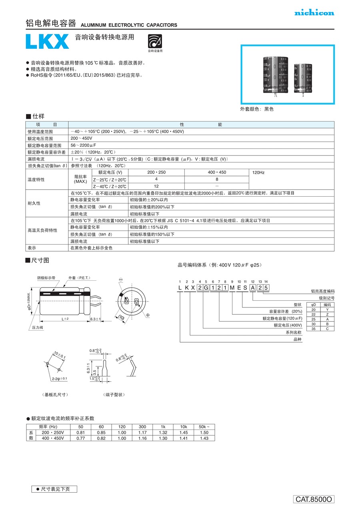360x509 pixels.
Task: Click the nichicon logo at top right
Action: (x=314, y=13)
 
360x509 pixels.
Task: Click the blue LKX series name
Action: (x=47, y=42)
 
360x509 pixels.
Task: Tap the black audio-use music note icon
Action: (x=155, y=41)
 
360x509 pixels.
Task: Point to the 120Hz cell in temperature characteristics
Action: (x=259, y=172)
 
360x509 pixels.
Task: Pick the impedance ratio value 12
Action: (x=156, y=186)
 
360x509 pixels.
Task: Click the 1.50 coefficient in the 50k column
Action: (x=204, y=433)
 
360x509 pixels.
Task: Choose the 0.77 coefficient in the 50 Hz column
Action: (x=80, y=438)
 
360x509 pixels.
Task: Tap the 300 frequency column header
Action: (x=142, y=427)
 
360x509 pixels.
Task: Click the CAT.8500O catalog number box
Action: (x=314, y=499)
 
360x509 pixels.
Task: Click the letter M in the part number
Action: (x=232, y=288)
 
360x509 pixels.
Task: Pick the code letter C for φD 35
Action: (x=327, y=329)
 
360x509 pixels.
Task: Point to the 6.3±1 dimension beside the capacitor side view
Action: (x=95, y=319)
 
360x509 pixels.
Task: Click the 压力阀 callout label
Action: (x=38, y=327)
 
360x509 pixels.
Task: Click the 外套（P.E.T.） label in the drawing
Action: (x=80, y=277)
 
